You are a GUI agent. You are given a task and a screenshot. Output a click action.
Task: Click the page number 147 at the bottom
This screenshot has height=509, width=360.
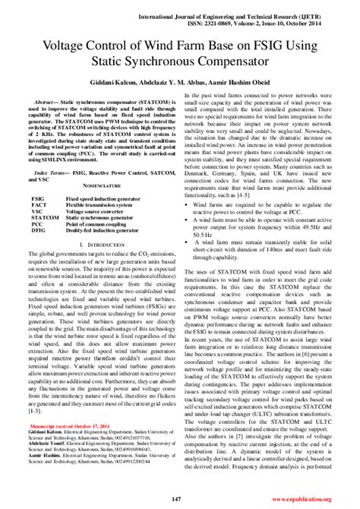(x=180, y=498)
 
